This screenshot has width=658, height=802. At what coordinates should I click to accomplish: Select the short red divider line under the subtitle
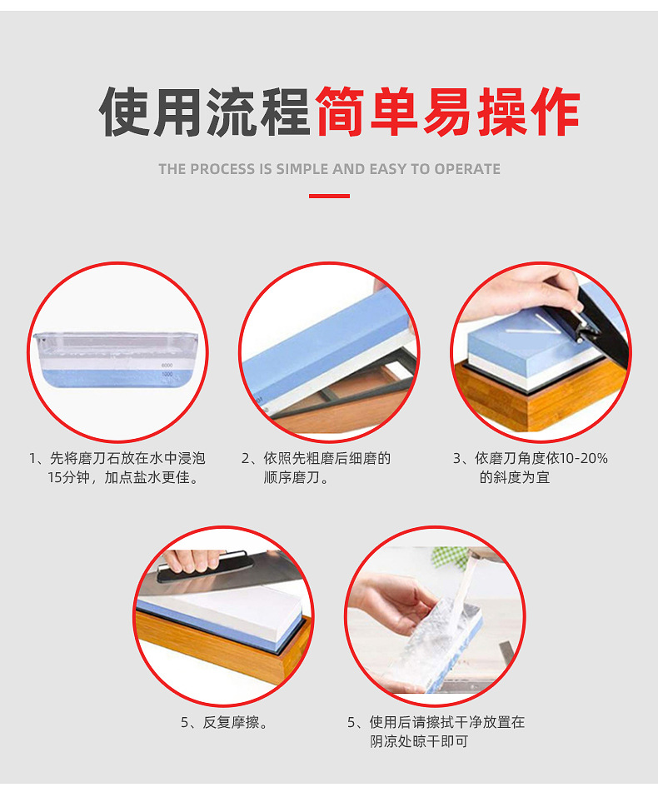click(x=329, y=197)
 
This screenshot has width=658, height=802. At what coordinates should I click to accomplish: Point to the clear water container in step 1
click(x=117, y=354)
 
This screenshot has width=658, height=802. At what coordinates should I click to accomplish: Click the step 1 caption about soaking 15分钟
click(x=117, y=468)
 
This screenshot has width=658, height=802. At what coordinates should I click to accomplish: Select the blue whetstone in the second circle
click(x=325, y=350)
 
